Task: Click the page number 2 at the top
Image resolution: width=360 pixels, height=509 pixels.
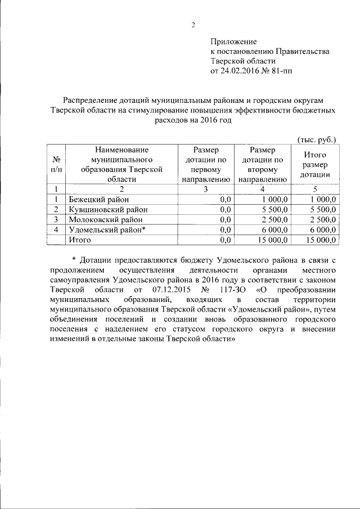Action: pos(192,24)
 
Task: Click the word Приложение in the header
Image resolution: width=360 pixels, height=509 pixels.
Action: pos(233,42)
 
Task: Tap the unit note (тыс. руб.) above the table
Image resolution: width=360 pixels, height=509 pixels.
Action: pos(317,139)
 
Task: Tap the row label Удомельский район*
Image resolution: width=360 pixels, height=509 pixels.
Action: pos(107,229)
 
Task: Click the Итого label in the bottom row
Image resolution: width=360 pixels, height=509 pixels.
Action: pos(80,240)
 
